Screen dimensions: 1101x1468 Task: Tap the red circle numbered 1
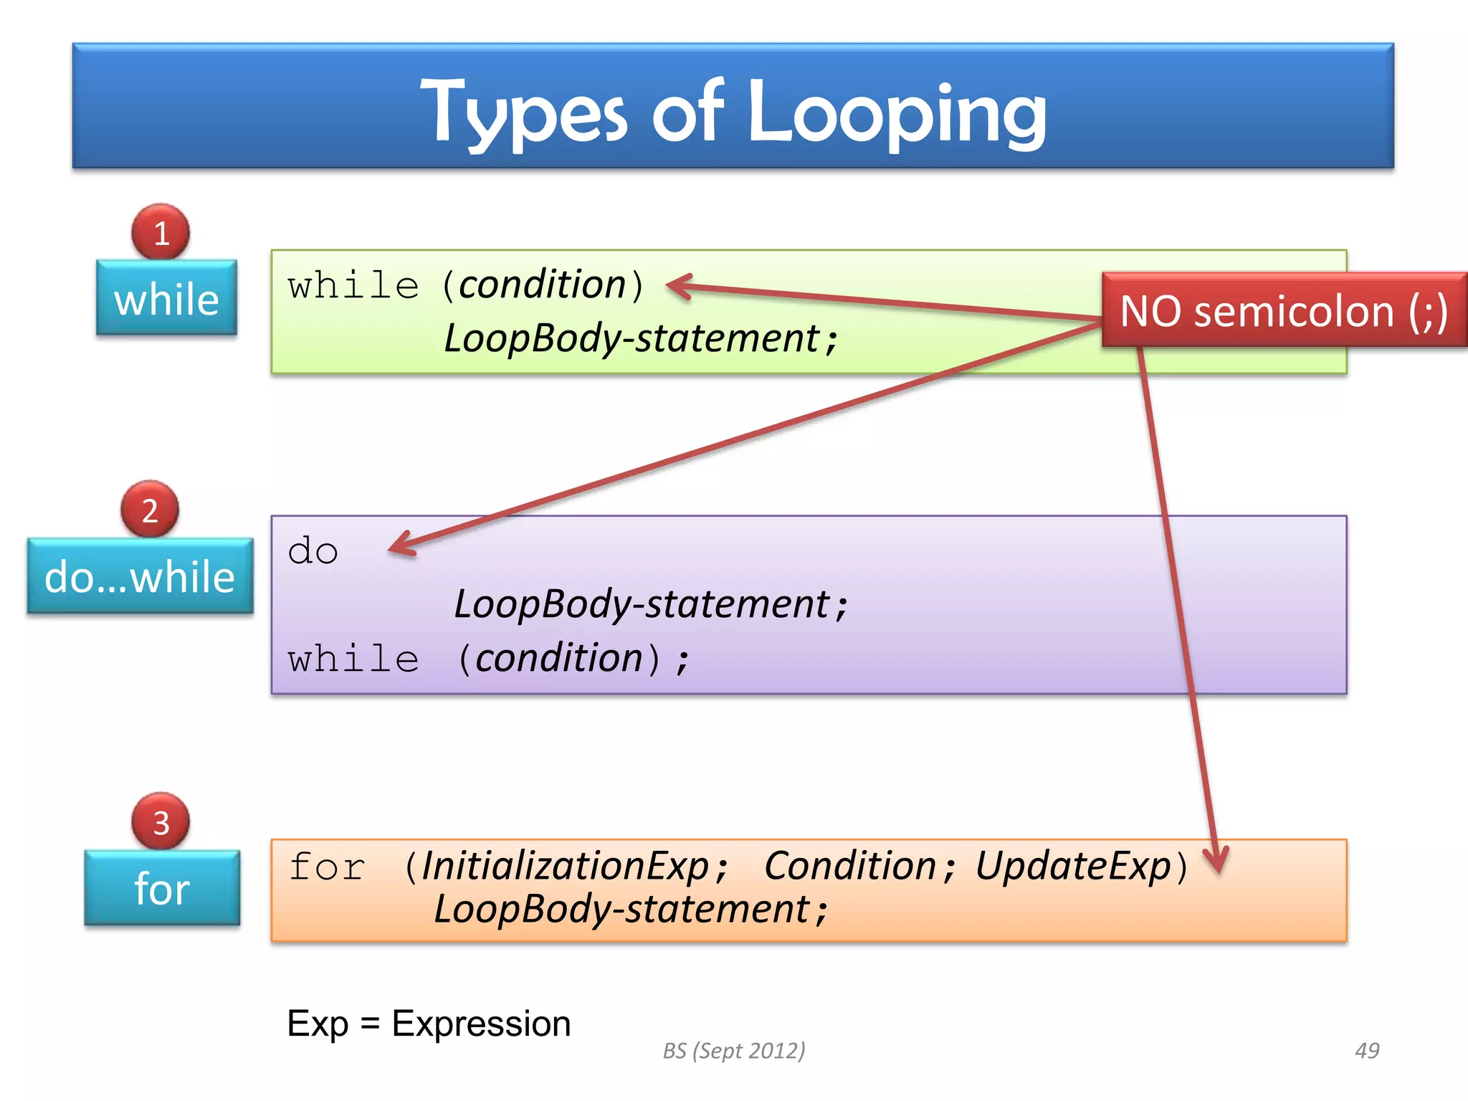point(161,232)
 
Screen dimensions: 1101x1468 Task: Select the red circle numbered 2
point(149,510)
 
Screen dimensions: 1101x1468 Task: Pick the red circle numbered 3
point(161,821)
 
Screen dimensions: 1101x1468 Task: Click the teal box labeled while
point(166,298)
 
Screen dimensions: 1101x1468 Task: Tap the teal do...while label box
point(140,576)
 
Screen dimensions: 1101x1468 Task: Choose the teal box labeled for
point(162,888)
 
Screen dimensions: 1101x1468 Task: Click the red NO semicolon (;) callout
point(1283,311)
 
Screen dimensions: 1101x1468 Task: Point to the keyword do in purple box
point(313,551)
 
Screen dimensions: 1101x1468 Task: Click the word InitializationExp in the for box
point(565,866)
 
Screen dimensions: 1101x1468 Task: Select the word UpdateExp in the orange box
point(1072,866)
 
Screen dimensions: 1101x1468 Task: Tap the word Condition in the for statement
point(849,866)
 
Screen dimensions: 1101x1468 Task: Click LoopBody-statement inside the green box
point(631,338)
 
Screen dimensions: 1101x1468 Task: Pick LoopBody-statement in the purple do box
point(642,604)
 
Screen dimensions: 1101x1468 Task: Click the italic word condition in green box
point(543,285)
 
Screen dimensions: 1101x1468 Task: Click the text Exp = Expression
point(429,1024)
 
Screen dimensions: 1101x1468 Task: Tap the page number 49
point(1367,1050)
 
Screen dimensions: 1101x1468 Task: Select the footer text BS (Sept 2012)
point(733,1050)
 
